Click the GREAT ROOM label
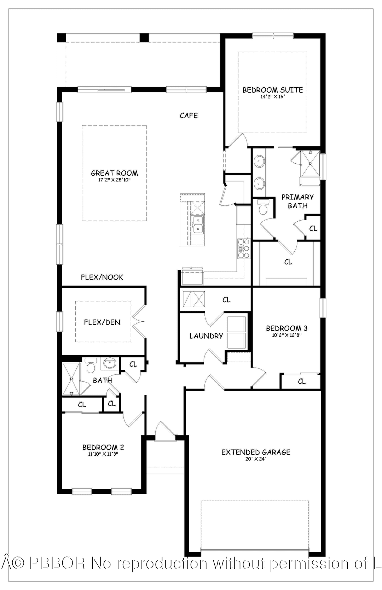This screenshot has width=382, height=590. [114, 173]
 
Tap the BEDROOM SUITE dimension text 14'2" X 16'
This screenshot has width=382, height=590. [272, 97]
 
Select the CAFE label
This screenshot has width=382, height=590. [189, 115]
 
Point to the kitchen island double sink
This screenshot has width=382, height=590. [197, 225]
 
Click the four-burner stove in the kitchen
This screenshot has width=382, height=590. [244, 249]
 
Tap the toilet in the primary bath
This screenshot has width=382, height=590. [263, 208]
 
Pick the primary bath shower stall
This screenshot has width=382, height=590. [310, 163]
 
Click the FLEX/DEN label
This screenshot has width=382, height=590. [102, 322]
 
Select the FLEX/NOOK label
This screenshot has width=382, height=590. [102, 277]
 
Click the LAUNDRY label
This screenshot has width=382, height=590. [206, 336]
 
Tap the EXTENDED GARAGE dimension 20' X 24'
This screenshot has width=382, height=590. [255, 459]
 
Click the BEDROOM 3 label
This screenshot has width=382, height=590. [286, 328]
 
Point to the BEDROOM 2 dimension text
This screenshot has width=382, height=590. [103, 454]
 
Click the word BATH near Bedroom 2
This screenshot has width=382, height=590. [103, 380]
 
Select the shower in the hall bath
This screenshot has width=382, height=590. [71, 379]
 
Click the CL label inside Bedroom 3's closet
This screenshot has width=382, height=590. [301, 381]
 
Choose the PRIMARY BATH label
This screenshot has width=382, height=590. [297, 201]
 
